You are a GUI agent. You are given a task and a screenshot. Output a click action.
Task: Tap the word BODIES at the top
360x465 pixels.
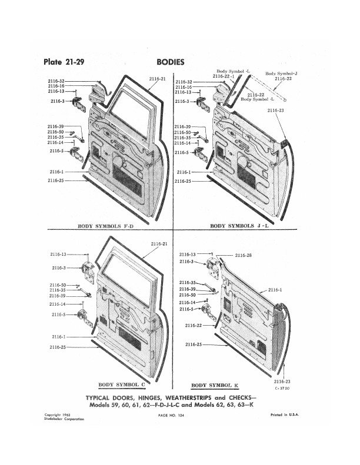171,62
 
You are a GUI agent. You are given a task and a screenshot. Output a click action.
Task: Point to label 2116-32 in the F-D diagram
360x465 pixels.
56,81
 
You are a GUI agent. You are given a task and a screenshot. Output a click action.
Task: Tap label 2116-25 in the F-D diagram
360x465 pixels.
55,181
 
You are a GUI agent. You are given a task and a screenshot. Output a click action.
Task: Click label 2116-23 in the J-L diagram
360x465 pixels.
275,111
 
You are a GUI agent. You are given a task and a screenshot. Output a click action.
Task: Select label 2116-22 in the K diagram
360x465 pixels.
194,325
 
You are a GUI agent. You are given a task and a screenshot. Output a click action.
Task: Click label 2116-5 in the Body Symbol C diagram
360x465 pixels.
58,315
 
